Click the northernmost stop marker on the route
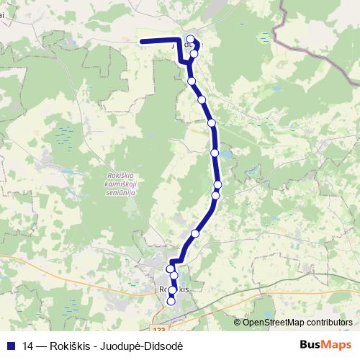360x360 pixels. coord(191,40)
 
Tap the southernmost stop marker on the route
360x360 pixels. coord(171,302)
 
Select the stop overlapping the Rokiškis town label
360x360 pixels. coord(172,289)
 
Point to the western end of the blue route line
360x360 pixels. coord(140,41)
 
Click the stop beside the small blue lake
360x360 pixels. coord(215,153)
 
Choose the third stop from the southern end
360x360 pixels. coord(174,276)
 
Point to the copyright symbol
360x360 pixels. coord(238,323)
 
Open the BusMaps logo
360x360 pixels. coord(326,345)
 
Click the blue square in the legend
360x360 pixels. coord(11,346)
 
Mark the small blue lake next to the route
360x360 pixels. coord(225,155)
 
